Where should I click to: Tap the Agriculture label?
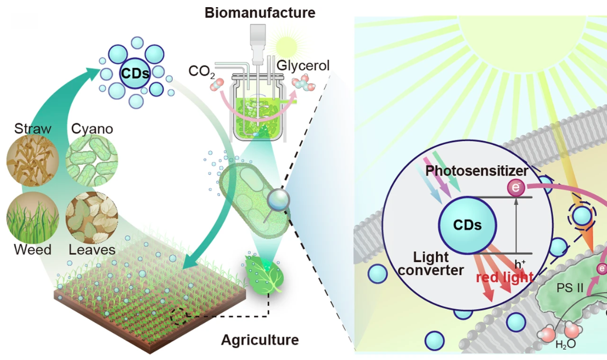[x=260, y=340]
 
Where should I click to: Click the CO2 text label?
[x=199, y=71]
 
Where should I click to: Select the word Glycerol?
[x=303, y=66]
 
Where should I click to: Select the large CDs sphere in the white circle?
[x=468, y=225]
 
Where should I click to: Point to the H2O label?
[x=565, y=345]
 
